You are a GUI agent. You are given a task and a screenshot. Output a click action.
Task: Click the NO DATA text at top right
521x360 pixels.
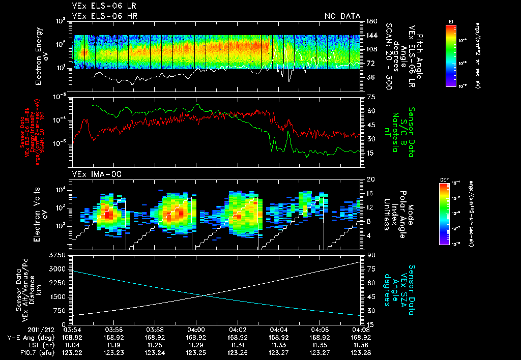tap(342, 16)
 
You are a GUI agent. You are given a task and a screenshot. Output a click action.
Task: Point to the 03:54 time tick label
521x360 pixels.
tap(73, 329)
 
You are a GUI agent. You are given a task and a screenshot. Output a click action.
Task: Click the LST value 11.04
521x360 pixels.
tap(73, 344)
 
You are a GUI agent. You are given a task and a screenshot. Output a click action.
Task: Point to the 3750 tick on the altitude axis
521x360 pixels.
tap(60, 255)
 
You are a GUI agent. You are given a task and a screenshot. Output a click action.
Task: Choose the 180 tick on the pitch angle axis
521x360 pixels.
tap(371, 21)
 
